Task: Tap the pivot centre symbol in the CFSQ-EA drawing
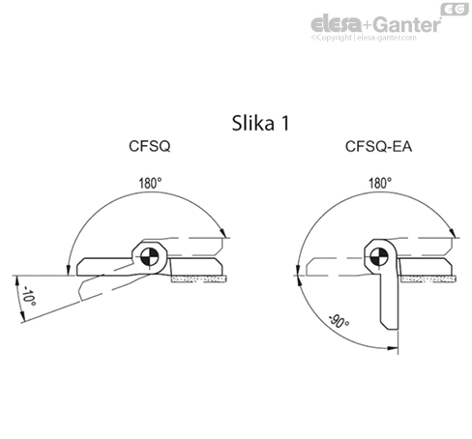point(379,256)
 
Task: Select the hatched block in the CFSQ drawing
point(197,278)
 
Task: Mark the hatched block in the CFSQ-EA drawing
point(427,278)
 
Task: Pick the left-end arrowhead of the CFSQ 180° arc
point(67,270)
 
